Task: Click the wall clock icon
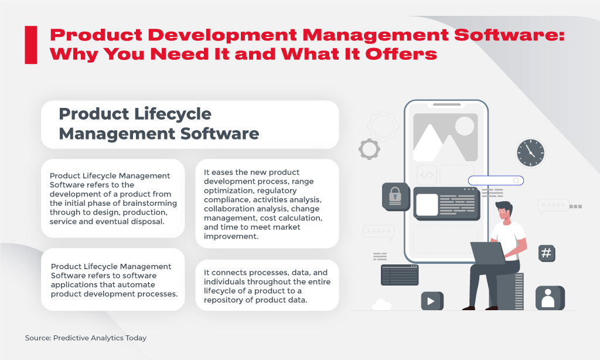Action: [x=531, y=152]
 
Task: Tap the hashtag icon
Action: [x=546, y=253]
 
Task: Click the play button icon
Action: [x=431, y=301]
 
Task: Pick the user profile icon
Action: [x=550, y=298]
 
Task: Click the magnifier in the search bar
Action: [x=516, y=181]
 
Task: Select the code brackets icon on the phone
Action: [x=427, y=174]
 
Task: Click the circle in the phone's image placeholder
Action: [x=465, y=125]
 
